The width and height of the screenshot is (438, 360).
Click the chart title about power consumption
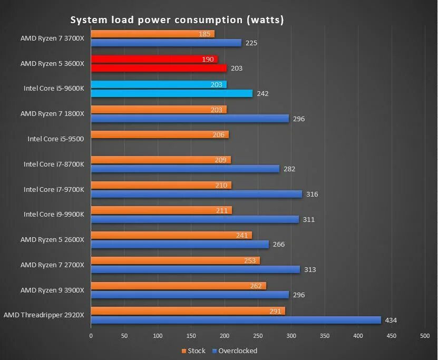[x=177, y=20]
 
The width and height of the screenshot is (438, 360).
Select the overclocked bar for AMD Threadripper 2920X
[x=236, y=320]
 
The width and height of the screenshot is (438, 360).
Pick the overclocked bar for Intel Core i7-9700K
[x=196, y=194]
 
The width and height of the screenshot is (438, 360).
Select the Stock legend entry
[x=193, y=351]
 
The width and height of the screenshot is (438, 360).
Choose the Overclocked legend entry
[x=235, y=351]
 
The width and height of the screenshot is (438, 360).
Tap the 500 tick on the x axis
[x=425, y=335]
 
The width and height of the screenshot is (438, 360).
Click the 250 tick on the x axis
[x=258, y=335]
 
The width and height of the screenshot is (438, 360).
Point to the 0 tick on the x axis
[x=91, y=335]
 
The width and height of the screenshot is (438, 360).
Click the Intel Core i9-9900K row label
[x=54, y=215]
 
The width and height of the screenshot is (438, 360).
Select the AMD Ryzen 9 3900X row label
[x=52, y=290]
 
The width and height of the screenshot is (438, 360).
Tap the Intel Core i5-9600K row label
[x=54, y=89]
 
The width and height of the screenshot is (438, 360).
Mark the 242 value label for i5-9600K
[x=262, y=93]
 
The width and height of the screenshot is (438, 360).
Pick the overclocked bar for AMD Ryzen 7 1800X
[x=190, y=119]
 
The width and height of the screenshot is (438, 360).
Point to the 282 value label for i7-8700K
[x=289, y=169]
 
